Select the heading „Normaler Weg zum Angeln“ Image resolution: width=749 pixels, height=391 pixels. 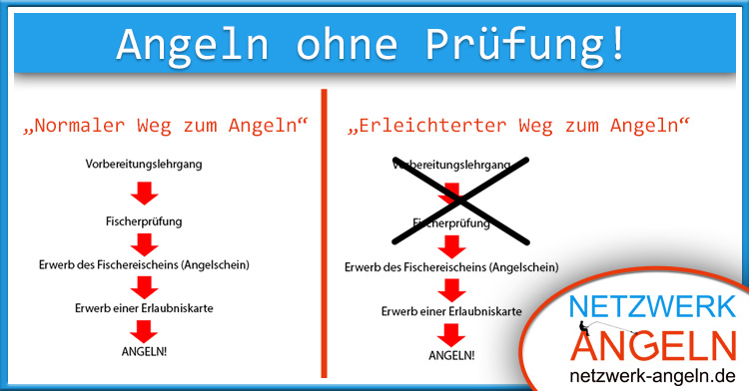pos(165,127)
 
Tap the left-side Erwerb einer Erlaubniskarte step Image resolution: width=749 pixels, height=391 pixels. pos(145,307)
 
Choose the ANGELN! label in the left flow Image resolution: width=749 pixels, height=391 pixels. pos(145,352)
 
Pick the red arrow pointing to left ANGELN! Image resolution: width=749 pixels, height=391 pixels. pos(146,330)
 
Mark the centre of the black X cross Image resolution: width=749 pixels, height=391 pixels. pos(459,199)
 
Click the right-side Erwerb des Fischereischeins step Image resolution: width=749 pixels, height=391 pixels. pos(450,267)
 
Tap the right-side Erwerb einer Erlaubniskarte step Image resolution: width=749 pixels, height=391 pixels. pos(451,311)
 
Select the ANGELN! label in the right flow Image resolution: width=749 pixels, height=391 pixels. pos(451,355)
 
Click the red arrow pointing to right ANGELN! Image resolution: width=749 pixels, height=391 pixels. pos(452,333)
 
